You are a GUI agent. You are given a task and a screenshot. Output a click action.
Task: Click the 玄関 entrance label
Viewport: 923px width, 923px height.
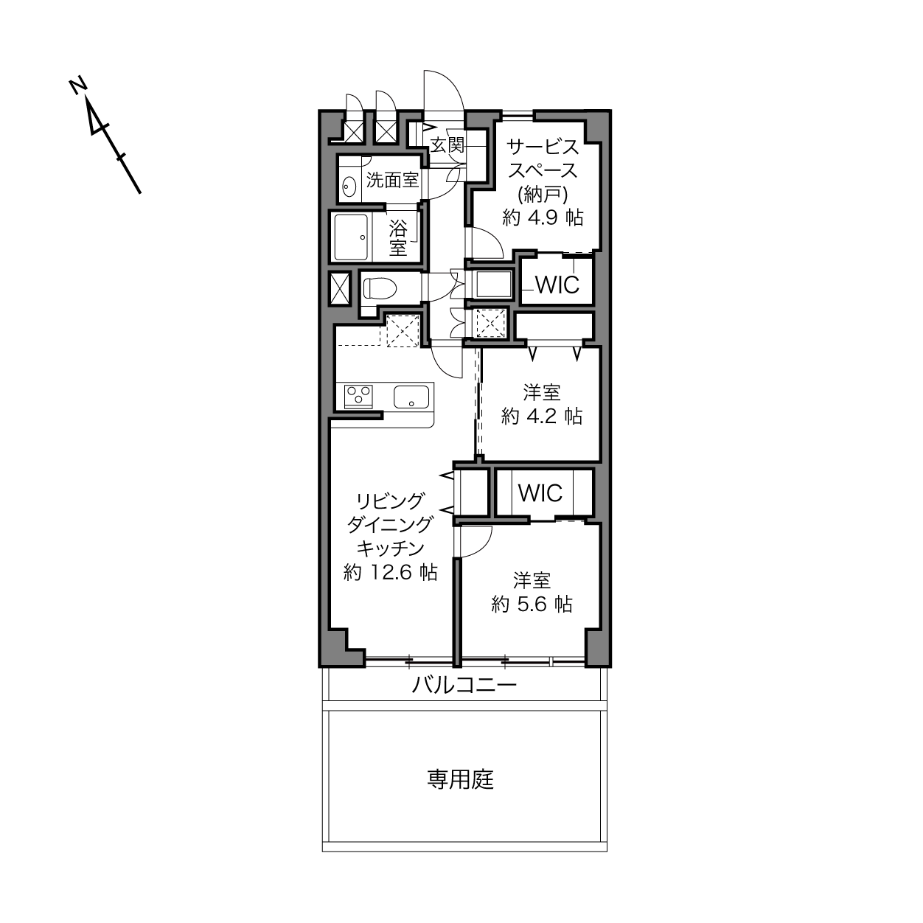pos(447,144)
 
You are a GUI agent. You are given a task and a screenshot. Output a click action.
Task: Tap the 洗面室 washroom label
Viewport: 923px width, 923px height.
pos(392,180)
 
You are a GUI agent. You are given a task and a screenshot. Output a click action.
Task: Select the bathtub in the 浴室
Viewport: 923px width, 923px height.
pos(351,237)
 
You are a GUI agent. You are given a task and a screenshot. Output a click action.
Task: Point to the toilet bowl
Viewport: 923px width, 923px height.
pos(380,289)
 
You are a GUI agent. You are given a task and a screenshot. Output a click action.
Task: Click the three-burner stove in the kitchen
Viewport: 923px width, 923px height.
pos(358,397)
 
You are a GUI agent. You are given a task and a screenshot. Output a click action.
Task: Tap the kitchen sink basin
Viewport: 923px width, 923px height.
pos(411,397)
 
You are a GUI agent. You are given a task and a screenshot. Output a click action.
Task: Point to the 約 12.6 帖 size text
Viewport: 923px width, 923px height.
pos(391,572)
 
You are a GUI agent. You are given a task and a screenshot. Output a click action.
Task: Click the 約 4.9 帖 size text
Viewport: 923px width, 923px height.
pos(543,218)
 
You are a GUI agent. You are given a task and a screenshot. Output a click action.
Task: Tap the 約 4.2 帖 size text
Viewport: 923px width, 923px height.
pos(542,417)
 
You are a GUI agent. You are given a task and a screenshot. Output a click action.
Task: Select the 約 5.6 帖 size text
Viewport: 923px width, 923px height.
pos(532,605)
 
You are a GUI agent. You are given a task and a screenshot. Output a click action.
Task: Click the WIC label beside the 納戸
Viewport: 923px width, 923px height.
pos(557,285)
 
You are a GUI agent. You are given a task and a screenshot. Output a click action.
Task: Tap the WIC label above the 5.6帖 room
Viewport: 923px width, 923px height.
pos(540,493)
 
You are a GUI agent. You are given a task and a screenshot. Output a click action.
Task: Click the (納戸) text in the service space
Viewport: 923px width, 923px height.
pos(543,195)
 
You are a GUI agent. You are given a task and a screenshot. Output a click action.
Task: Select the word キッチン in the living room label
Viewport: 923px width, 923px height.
pos(391,548)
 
